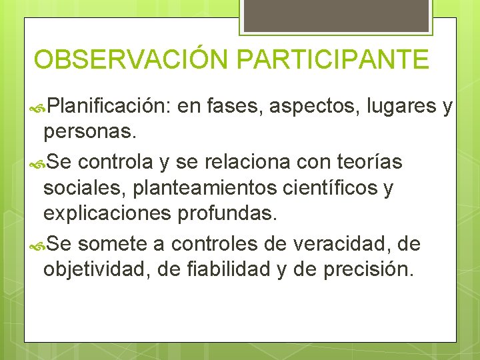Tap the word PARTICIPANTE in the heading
[x=332, y=60]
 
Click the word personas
[x=90, y=133]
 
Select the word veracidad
[x=332, y=244]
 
